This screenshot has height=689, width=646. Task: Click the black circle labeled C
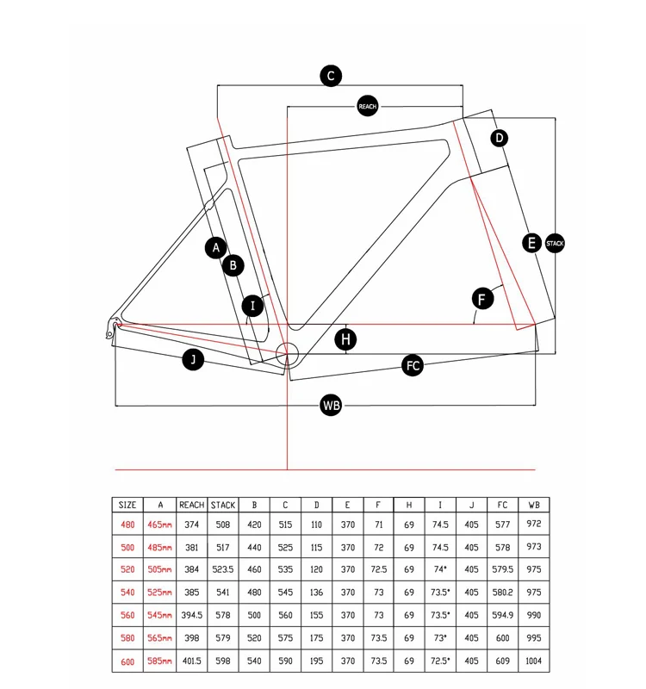click(331, 76)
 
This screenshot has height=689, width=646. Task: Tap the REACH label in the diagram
click(368, 107)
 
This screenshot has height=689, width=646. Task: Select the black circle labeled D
click(500, 138)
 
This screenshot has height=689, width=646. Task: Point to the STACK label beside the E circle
click(555, 244)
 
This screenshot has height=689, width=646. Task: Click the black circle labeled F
click(483, 299)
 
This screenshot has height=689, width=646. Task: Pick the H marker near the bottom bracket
click(345, 339)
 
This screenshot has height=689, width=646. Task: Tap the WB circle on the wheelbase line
click(331, 405)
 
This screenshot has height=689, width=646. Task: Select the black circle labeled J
click(193, 361)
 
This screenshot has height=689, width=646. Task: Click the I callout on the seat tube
click(252, 305)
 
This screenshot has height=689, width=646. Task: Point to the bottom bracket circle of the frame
click(286, 352)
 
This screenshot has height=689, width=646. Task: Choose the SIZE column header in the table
click(127, 506)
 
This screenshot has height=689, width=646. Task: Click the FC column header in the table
click(503, 506)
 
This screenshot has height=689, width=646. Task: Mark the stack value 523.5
click(223, 569)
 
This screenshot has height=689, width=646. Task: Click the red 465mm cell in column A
click(160, 524)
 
